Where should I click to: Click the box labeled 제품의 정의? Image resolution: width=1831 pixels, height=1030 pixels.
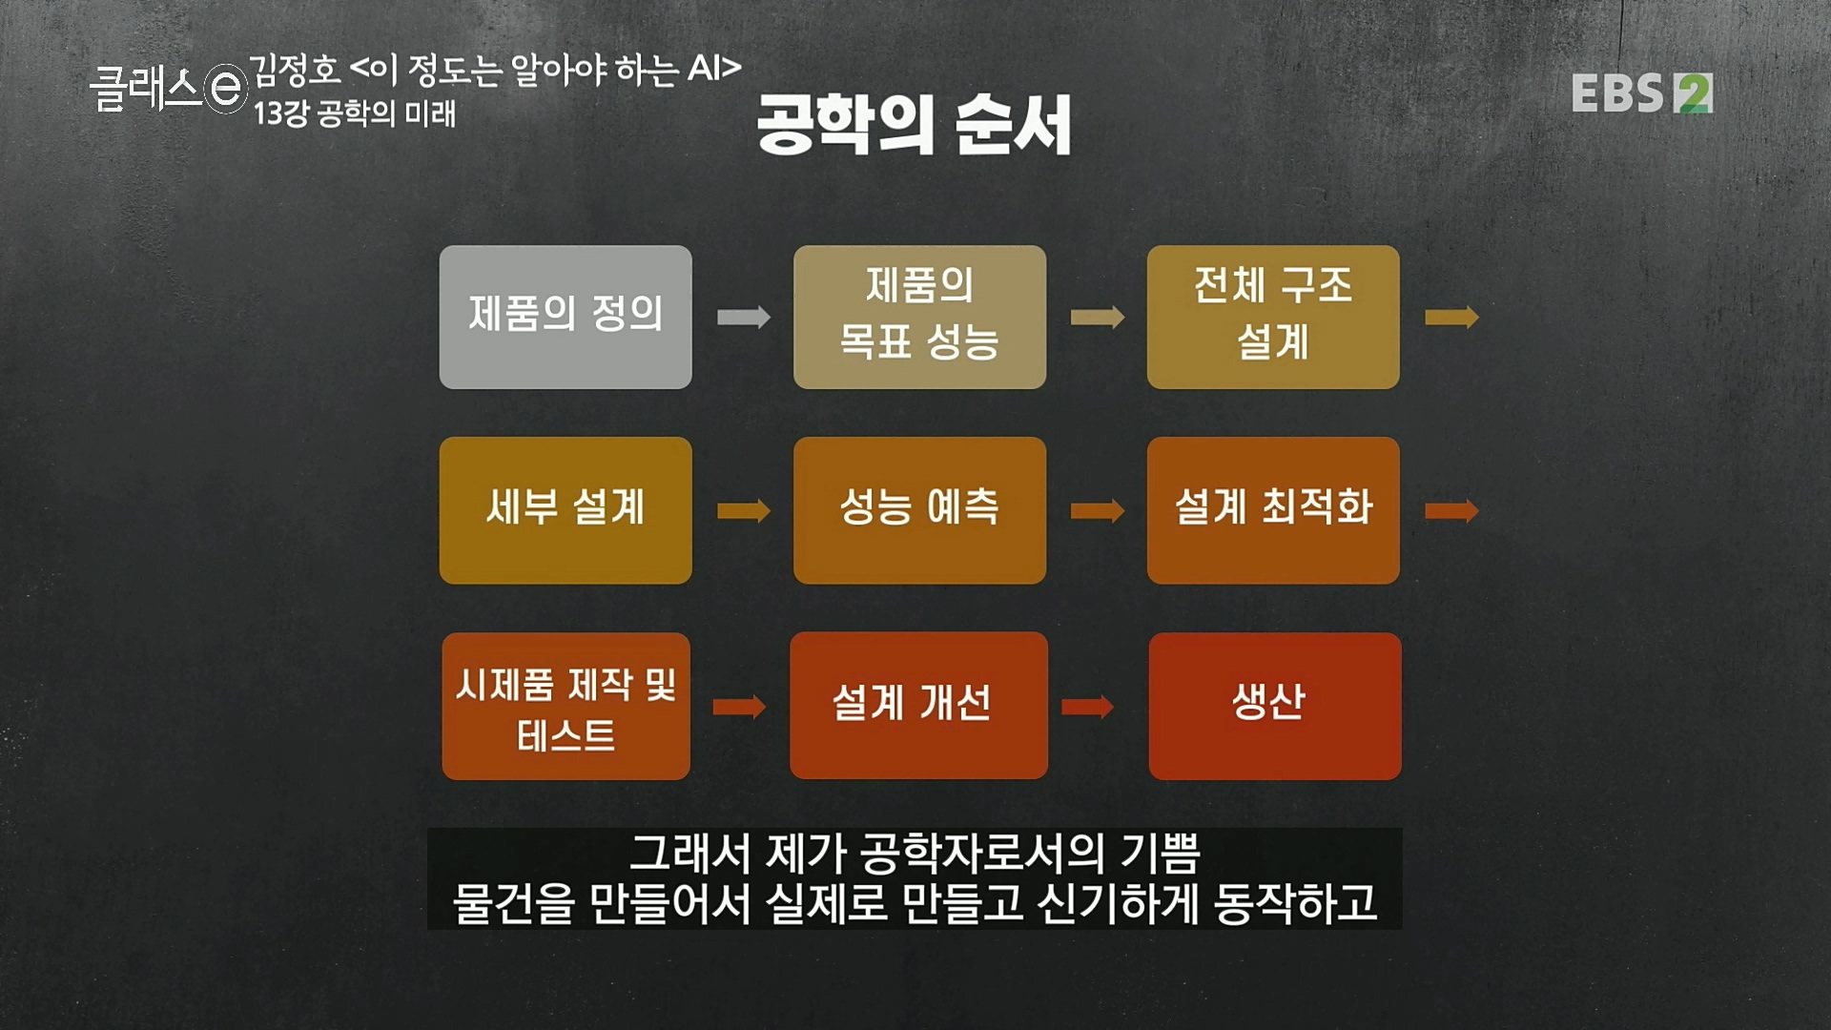(566, 317)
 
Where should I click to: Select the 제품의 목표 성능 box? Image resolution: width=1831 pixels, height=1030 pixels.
(919, 317)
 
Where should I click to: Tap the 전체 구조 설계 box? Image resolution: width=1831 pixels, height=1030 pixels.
(1273, 317)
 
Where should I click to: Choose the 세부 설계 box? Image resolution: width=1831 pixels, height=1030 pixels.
(566, 510)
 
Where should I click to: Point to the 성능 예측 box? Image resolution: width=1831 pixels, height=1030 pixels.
(919, 510)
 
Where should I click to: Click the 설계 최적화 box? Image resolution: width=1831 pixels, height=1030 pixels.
(1273, 510)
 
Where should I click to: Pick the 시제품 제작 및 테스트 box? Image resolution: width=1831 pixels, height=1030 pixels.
(566, 706)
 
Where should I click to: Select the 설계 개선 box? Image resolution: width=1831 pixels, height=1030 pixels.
(918, 706)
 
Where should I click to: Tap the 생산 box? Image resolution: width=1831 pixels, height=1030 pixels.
(1275, 706)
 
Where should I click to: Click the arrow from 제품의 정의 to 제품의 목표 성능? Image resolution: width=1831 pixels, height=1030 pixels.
(743, 317)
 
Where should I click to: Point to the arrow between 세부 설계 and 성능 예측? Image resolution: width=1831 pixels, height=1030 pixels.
(743, 510)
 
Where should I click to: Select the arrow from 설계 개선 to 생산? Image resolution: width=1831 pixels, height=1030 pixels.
(1087, 707)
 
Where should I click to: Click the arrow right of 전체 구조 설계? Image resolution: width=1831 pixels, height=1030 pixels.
(1451, 317)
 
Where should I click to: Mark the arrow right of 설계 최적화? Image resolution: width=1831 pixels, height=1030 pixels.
(1451, 510)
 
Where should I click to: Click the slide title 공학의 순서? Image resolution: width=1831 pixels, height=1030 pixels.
(914, 124)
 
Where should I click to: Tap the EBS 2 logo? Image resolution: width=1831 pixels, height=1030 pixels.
(1641, 93)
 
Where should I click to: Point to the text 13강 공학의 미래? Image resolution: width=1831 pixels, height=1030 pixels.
(355, 114)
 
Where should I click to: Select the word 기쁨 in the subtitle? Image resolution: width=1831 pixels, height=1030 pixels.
(1160, 853)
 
